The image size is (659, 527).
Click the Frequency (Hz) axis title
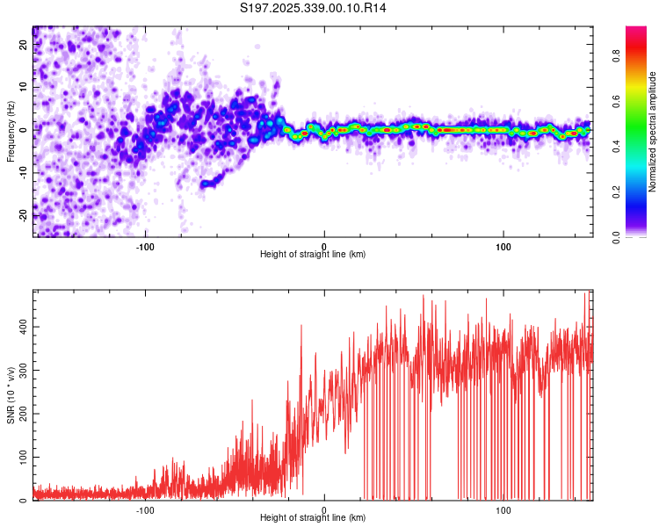coord(11,132)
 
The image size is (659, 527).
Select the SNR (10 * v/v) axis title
coord(11,395)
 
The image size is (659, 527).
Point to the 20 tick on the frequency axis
coord(24,46)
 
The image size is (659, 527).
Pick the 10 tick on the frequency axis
coord(24,87)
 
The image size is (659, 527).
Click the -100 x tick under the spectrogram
coord(145,245)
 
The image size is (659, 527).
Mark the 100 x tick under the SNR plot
coord(503,510)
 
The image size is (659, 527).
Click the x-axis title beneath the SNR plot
coord(313,519)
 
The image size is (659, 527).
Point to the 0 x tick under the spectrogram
coord(324,245)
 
